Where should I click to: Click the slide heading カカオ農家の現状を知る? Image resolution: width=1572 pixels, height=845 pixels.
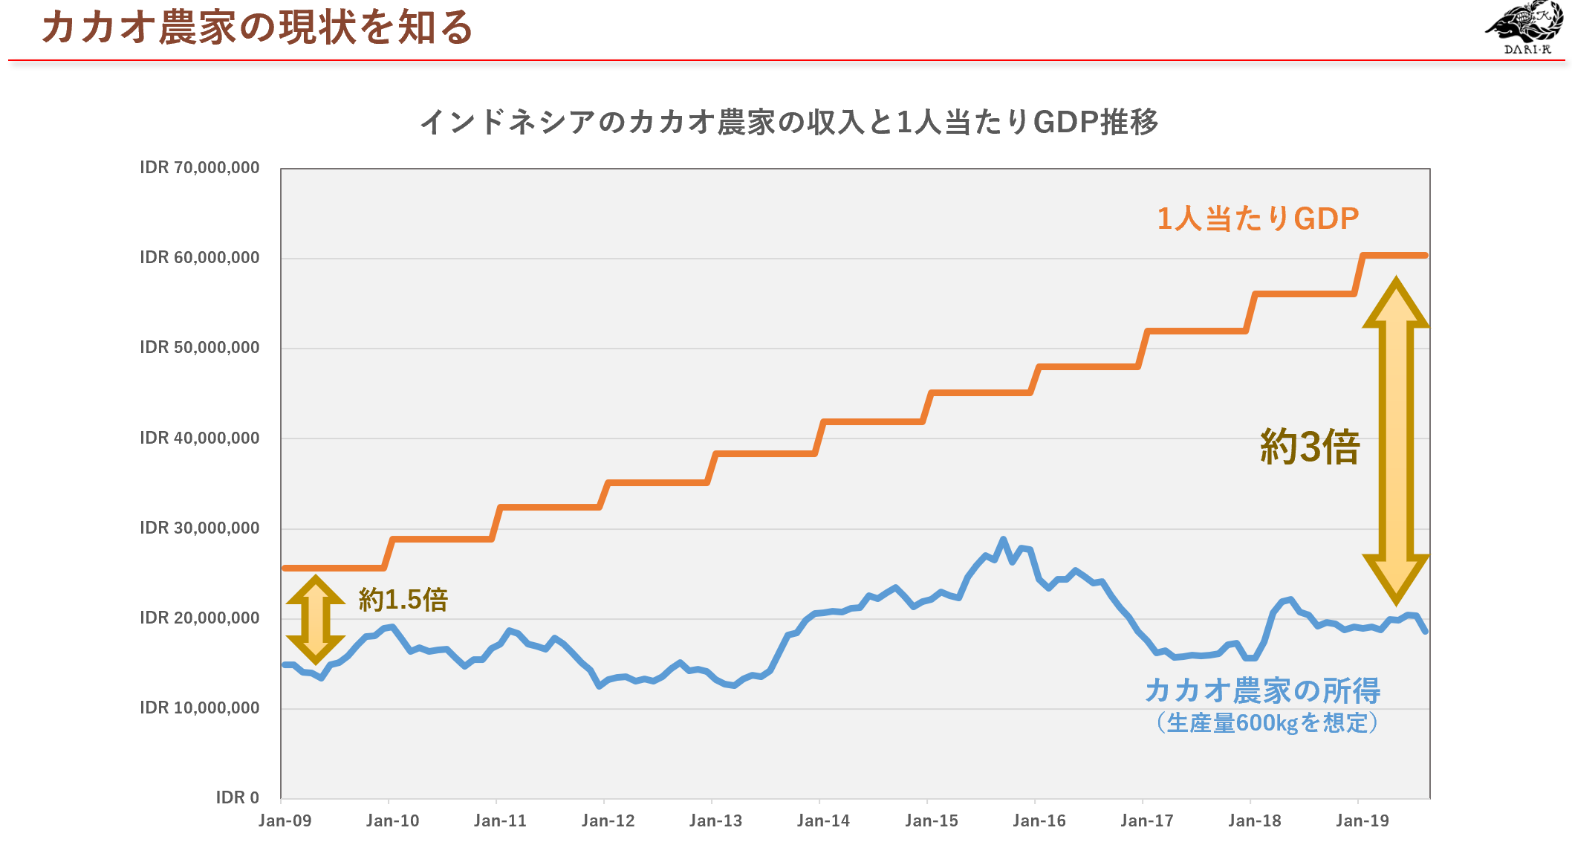(x=257, y=28)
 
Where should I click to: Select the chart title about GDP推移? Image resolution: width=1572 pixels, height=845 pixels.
(x=789, y=122)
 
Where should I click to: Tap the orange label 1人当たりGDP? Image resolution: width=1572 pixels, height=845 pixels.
(x=1258, y=218)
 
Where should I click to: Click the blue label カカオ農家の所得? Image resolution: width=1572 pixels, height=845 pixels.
(x=1262, y=690)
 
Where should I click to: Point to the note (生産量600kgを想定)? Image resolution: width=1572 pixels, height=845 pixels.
(x=1267, y=723)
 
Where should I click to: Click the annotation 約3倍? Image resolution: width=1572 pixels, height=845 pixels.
(x=1310, y=447)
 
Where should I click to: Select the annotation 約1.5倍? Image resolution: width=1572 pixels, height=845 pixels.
(x=403, y=600)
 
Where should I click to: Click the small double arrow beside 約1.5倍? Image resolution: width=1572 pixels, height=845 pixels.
(x=316, y=619)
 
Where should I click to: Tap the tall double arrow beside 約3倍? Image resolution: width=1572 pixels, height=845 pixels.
(x=1396, y=441)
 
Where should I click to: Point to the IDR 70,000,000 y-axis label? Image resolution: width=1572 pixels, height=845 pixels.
(x=200, y=168)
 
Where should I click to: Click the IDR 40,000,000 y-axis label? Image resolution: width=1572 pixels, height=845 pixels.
(x=200, y=438)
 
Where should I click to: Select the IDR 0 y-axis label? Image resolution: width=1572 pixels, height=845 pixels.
(x=237, y=798)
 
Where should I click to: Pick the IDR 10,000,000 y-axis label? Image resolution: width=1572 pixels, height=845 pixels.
(x=200, y=708)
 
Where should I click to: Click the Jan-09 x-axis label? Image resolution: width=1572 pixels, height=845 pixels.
(x=285, y=821)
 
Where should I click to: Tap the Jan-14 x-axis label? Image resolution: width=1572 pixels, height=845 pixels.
(x=823, y=821)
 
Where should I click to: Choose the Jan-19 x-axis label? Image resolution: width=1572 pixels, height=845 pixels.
(x=1362, y=821)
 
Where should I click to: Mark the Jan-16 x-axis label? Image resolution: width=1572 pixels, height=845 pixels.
(x=1039, y=821)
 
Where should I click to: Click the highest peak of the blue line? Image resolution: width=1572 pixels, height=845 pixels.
(x=1003, y=540)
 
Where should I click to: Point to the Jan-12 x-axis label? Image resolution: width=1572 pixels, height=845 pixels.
(x=608, y=821)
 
